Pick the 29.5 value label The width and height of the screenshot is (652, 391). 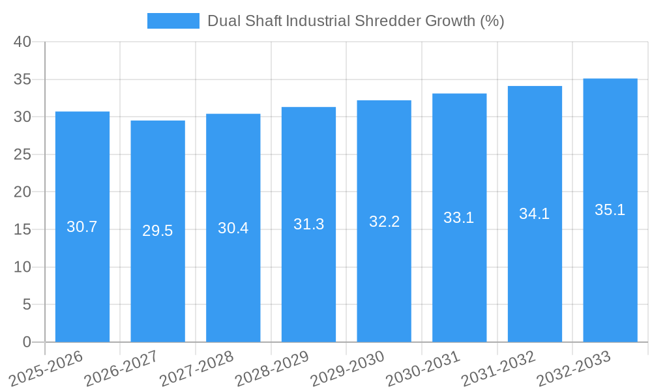(158, 231)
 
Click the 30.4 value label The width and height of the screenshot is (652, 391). (233, 228)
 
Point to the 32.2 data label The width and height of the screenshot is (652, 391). (384, 222)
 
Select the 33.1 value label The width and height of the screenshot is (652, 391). (459, 218)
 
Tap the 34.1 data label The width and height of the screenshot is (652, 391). (535, 214)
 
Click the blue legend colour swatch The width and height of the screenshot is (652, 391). (173, 21)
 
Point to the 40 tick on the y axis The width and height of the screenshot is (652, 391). (23, 42)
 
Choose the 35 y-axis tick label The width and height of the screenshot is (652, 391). (23, 80)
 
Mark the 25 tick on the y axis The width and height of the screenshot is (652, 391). (23, 154)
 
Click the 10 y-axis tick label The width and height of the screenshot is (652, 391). (23, 267)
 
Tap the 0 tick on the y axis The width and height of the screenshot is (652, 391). (27, 342)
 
